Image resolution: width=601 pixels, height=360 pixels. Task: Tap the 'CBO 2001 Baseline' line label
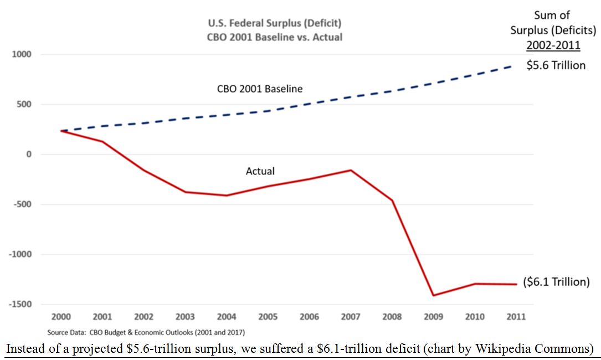259,89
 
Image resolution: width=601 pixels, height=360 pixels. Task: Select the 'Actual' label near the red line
260,171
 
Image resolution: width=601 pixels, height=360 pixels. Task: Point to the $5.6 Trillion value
556,65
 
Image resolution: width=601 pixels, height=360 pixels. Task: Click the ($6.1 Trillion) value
556,282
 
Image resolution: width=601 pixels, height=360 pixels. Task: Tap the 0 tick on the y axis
29,155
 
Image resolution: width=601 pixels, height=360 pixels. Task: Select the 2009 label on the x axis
433,317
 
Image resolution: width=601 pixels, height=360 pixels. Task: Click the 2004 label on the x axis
226,317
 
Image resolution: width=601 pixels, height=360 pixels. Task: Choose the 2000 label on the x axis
61,317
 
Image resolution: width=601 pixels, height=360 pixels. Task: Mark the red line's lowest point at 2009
433,295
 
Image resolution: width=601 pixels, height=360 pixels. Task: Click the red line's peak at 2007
351,170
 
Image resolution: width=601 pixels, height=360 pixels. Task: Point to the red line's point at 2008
392,200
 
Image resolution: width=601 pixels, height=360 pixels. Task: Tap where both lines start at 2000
61,131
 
